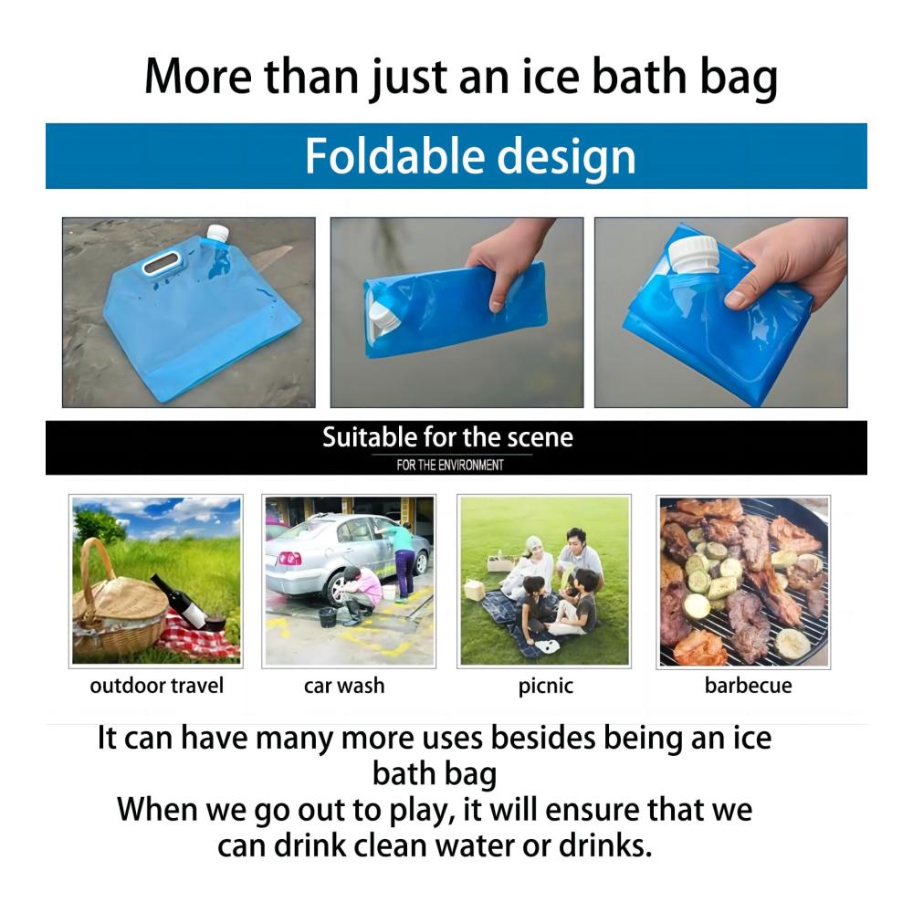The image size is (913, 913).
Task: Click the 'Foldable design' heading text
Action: [470, 156]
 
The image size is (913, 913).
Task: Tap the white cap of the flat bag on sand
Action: [218, 234]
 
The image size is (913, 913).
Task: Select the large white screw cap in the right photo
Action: [697, 257]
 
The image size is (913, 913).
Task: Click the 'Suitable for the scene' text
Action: [447, 437]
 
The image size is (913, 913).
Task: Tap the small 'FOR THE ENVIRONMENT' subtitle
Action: [449, 466]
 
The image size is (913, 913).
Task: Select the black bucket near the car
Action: [328, 617]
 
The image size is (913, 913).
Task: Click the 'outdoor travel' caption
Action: [157, 686]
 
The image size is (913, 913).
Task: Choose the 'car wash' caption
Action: [344, 686]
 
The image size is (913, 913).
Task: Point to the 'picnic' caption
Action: [546, 687]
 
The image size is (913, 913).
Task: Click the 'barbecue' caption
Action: [749, 686]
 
